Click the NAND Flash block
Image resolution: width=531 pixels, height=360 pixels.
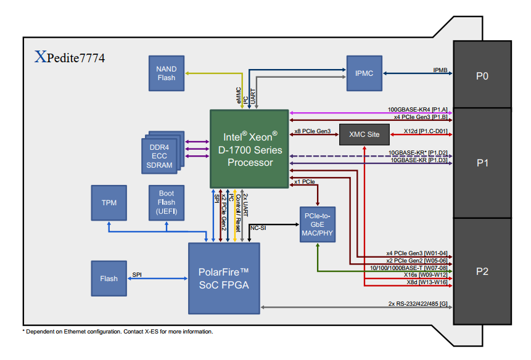(x=167, y=73)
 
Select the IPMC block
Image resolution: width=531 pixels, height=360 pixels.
(x=364, y=73)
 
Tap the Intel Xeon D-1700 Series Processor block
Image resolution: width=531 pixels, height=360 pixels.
(x=249, y=149)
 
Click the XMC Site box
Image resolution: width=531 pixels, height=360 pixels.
(x=364, y=134)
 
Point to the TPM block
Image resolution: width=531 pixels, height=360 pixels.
(x=109, y=202)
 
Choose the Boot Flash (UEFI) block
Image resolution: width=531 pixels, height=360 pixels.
(x=167, y=202)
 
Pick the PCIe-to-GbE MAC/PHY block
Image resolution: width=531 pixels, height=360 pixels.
(x=318, y=224)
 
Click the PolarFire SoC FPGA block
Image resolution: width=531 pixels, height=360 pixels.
(x=224, y=278)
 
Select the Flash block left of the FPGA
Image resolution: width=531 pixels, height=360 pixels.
(x=109, y=279)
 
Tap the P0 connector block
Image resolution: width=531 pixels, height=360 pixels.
(x=482, y=76)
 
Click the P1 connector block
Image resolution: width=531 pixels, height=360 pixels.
(x=482, y=163)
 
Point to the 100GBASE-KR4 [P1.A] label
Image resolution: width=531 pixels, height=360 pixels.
(x=418, y=109)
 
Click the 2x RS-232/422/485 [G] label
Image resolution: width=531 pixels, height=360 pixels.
(x=418, y=303)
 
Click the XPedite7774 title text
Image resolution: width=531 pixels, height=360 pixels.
(x=70, y=59)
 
